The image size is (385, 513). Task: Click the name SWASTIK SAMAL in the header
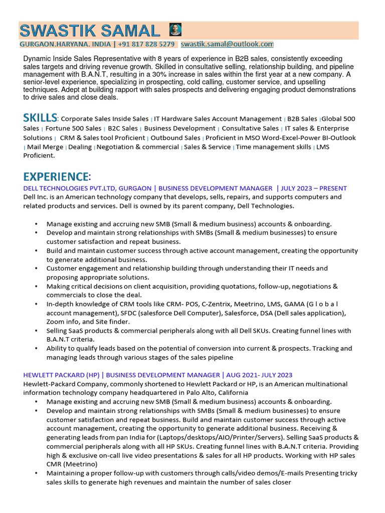click(89, 31)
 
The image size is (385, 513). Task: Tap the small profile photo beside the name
click(175, 29)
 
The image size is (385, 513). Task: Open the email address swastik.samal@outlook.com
click(227, 44)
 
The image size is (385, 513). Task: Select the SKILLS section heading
click(40, 118)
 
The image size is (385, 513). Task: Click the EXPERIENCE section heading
click(56, 176)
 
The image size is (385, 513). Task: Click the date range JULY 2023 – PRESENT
click(314, 188)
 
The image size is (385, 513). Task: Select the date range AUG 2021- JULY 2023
click(259, 375)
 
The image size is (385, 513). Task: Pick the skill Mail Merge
click(45, 147)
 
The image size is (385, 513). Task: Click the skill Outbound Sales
click(175, 138)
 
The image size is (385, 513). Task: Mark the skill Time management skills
click(273, 147)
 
